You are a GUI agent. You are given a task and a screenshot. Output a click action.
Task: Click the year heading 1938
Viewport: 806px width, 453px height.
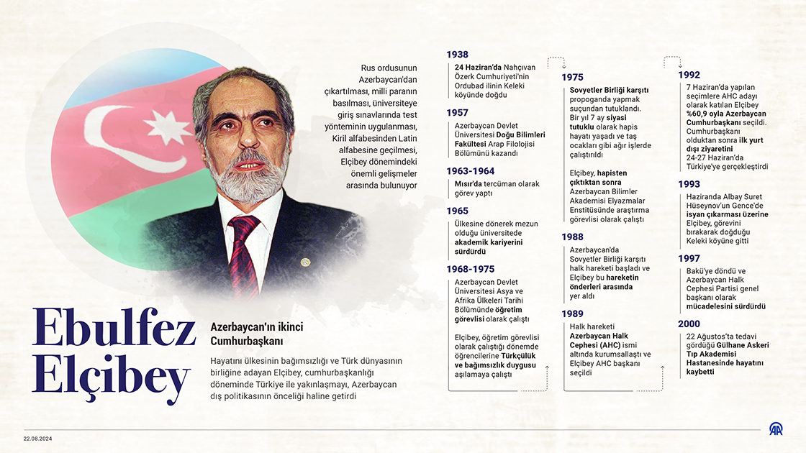[457, 55]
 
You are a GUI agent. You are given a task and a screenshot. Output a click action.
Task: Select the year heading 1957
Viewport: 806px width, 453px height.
[457, 113]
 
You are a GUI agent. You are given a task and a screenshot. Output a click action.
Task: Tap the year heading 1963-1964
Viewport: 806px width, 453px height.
[471, 171]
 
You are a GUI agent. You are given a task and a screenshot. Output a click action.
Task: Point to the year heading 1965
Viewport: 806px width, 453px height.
[457, 211]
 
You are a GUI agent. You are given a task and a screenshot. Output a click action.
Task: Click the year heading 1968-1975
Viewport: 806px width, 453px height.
[471, 269]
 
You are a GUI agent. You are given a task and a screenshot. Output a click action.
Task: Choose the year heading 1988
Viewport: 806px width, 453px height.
[572, 237]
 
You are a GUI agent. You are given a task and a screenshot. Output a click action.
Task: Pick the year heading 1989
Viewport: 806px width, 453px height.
[572, 314]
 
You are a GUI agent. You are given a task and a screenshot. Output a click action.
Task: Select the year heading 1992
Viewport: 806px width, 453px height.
[689, 75]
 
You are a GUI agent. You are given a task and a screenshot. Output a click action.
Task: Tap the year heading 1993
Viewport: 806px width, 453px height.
[689, 184]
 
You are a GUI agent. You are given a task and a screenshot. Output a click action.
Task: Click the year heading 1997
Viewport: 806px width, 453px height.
[689, 258]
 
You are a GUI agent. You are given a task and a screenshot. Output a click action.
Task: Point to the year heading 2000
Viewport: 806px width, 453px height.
[689, 324]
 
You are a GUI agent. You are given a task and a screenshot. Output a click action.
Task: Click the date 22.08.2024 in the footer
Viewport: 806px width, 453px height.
[37, 439]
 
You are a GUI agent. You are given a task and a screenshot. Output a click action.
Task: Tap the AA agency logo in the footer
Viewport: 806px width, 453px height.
[776, 430]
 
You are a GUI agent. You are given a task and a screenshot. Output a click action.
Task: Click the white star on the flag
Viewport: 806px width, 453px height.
[167, 127]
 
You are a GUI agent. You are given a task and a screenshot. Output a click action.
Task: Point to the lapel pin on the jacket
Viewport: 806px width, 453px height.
[305, 262]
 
